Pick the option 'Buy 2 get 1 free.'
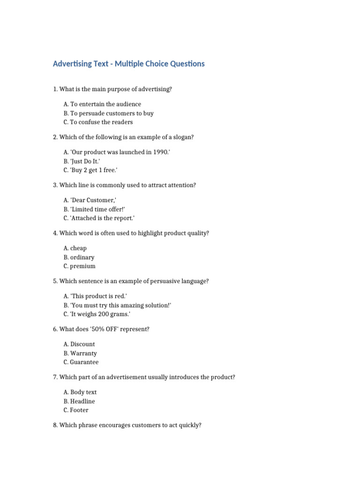click(x=94, y=170)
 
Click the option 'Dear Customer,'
click(x=93, y=200)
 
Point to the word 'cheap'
click(x=79, y=248)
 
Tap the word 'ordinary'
click(x=82, y=257)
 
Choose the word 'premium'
click(x=83, y=266)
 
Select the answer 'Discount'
click(x=82, y=345)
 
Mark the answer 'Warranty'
click(x=83, y=353)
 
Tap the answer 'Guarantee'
click(x=84, y=362)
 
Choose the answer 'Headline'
click(x=82, y=402)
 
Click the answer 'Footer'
click(x=79, y=411)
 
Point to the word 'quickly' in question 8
click(x=190, y=426)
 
